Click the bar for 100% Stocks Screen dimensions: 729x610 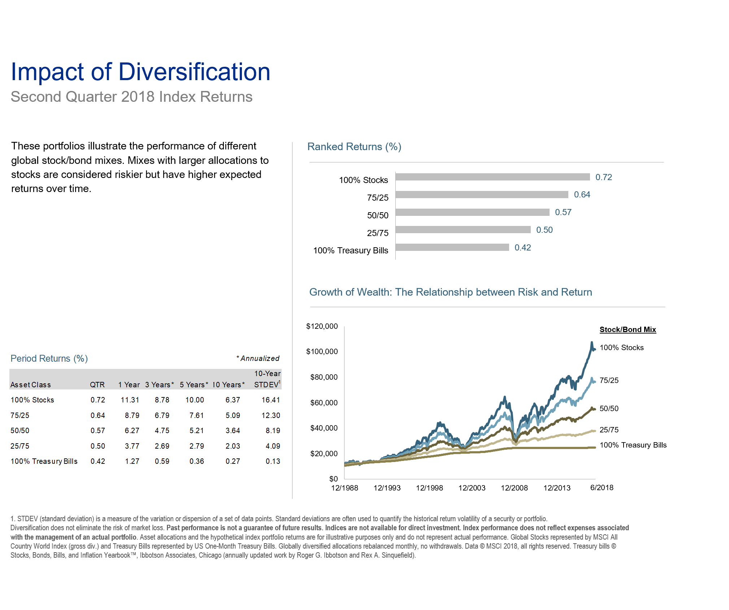(492, 177)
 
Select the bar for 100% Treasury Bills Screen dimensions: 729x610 (452, 247)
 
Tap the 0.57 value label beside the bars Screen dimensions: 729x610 (563, 212)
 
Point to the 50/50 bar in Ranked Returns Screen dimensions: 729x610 (472, 212)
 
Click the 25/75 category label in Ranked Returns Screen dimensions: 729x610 (378, 233)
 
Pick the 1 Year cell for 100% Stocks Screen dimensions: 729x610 (130, 400)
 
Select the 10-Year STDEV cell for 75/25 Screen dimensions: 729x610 (271, 415)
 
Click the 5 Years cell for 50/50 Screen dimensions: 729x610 (196, 431)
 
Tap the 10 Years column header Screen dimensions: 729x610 (228, 385)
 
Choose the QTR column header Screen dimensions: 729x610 (97, 385)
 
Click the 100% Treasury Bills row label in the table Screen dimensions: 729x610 (44, 461)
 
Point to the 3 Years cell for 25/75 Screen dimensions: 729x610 (162, 446)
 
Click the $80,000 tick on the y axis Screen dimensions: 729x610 (324, 377)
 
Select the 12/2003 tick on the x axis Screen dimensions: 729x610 (472, 488)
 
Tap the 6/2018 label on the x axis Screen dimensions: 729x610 (602, 488)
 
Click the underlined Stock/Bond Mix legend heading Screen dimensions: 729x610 (628, 330)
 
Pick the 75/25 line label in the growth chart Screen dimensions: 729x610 (609, 380)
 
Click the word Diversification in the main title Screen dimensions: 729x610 (194, 72)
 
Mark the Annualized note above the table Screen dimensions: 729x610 (258, 358)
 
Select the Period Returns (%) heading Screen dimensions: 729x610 (49, 358)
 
